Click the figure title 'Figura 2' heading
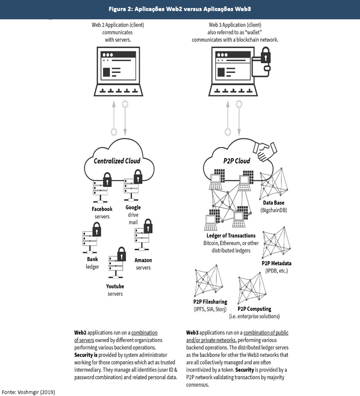pyautogui.click(x=180, y=9)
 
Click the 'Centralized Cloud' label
pyautogui.click(x=117, y=161)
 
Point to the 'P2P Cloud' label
pyautogui.click(x=237, y=161)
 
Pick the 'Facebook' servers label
pyautogui.click(x=102, y=209)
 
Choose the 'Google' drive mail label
pyautogui.click(x=133, y=208)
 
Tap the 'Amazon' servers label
pyautogui.click(x=143, y=260)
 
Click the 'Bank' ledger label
pyautogui.click(x=92, y=259)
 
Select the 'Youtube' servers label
pyautogui.click(x=115, y=286)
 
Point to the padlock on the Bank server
pyautogui.click(x=96, y=230)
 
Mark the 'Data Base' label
pyautogui.click(x=274, y=203)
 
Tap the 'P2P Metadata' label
pyautogui.click(x=276, y=264)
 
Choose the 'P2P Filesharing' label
pyautogui.click(x=210, y=302)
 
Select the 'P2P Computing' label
pyautogui.click(x=254, y=309)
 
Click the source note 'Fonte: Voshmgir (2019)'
pyautogui.click(x=28, y=392)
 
